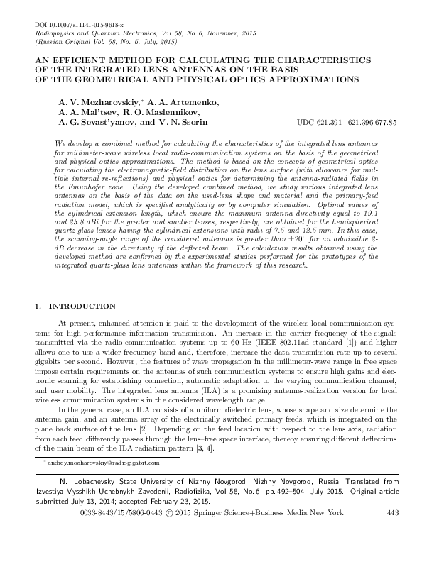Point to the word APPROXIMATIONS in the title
pos(306,80)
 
